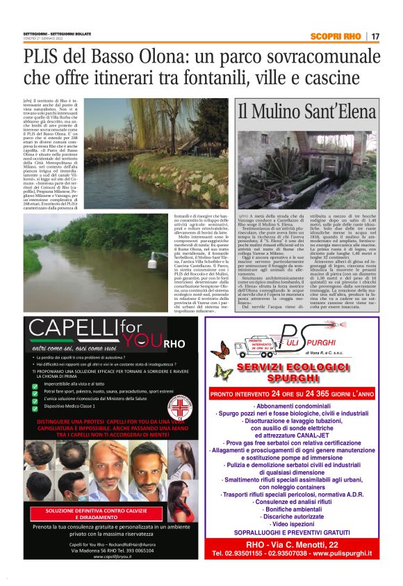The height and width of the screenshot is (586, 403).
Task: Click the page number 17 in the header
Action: [375, 36]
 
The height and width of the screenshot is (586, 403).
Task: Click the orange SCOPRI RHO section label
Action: [338, 36]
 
